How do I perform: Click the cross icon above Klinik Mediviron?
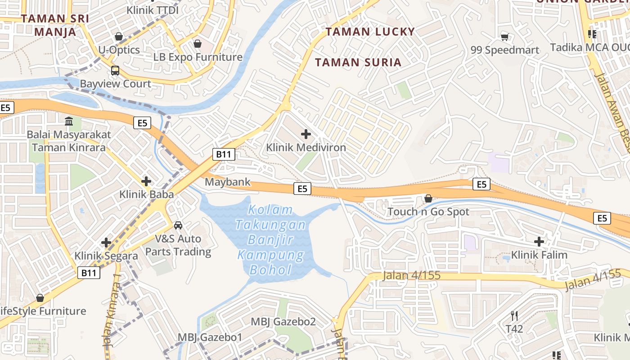[306, 134]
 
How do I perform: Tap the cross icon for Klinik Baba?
[146, 181]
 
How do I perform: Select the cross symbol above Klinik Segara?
[106, 243]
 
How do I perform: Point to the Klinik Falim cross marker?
[539, 242]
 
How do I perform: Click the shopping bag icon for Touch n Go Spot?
[428, 198]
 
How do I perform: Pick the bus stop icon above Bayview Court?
[115, 71]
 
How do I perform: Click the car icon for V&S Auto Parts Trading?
[178, 225]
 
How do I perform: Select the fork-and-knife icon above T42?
[514, 315]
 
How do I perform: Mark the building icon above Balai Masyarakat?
[69, 121]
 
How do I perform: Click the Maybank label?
[228, 182]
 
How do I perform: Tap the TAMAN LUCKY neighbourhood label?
[370, 31]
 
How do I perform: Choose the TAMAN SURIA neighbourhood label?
[358, 62]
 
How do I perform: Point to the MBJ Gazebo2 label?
[283, 322]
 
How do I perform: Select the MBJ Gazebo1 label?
[210, 337]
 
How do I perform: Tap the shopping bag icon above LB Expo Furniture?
[197, 44]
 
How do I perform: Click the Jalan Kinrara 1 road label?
[113, 310]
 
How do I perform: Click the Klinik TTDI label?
[153, 10]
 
